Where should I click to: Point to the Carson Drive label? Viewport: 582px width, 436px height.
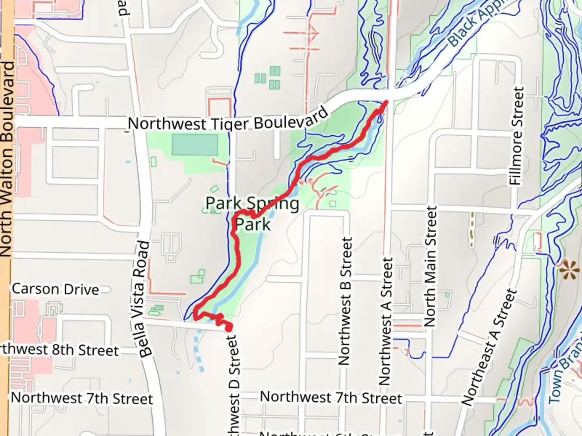coord(55,289)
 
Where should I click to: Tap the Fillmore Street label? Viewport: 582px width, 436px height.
coord(517,136)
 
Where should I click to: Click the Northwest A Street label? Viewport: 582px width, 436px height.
coord(386,321)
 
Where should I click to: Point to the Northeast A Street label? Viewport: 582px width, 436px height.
coord(489,347)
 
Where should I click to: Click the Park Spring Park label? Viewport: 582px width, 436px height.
coord(253,214)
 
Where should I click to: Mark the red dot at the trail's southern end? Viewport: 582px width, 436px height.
coord(228,327)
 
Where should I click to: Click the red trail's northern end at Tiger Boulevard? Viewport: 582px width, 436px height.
coord(386,103)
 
